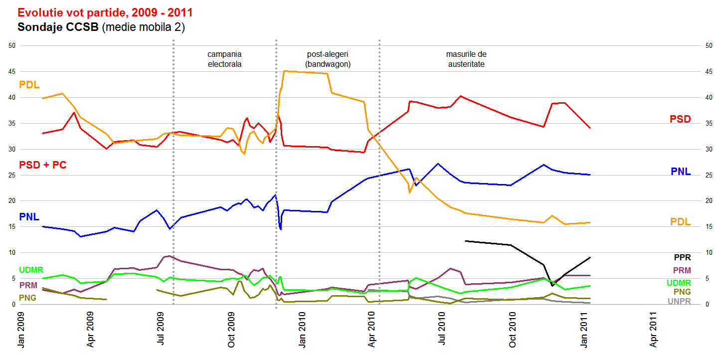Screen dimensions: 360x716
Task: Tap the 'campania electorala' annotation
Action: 224,59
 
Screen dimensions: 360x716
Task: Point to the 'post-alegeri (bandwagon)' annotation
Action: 328,59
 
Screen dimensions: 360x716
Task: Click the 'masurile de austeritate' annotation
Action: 466,59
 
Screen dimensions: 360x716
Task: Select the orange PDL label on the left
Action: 29,85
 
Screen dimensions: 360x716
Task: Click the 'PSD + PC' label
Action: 42,165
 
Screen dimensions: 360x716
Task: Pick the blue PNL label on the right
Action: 681,172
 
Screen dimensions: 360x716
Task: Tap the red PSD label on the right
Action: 680,119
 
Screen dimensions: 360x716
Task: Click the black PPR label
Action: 682,258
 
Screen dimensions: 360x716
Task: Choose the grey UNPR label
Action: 679,301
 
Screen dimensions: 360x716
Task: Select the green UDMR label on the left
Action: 31,270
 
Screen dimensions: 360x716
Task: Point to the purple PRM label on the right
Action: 682,270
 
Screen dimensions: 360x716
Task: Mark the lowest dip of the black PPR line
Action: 552,286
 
